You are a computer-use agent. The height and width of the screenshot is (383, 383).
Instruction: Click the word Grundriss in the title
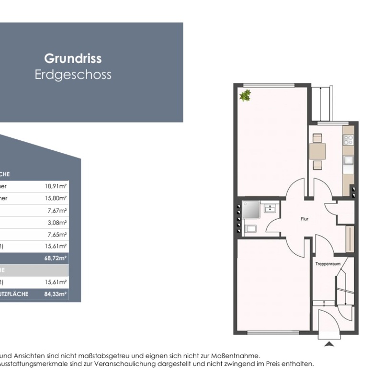tap(73, 58)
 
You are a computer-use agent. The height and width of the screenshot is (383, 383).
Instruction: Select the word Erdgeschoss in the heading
tap(73, 75)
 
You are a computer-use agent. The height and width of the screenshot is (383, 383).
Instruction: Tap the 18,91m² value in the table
tap(56, 186)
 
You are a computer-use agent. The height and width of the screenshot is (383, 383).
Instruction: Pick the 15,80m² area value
tap(56, 198)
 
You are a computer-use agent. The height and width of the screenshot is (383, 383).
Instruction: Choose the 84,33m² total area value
tap(56, 294)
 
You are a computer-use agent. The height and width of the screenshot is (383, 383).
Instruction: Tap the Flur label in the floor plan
tap(304, 219)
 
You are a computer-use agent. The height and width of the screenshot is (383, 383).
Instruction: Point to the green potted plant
tap(246, 95)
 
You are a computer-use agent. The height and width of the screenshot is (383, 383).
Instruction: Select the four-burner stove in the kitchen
tap(349, 140)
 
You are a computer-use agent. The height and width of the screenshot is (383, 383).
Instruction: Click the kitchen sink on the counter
tap(349, 160)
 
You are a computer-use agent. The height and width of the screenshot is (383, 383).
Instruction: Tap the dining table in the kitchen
tap(317, 151)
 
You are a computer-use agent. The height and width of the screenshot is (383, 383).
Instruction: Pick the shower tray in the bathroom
tap(250, 208)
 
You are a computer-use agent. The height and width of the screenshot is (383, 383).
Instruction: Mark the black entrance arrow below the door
tap(328, 343)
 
